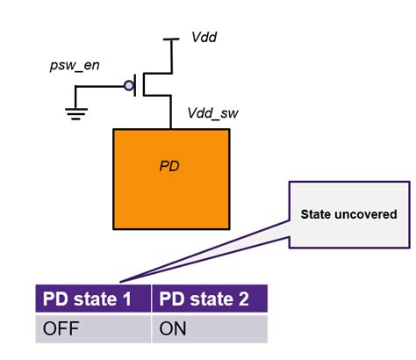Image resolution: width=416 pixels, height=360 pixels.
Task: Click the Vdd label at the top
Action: pos(204,39)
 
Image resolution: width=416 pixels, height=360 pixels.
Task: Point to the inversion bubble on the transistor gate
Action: pos(128,86)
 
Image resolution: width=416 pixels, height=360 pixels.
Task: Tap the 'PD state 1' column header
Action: pos(91,299)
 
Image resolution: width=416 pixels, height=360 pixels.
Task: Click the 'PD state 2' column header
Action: pos(208,299)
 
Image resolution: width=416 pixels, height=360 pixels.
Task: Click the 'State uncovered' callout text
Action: pos(348,213)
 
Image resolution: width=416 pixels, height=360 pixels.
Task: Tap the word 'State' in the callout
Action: pos(317,213)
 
